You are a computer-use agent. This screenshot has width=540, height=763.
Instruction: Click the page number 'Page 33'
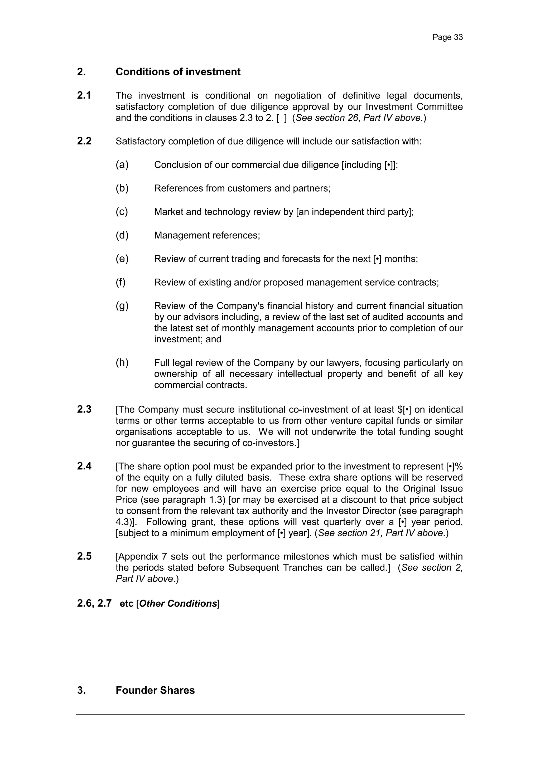point(447,37)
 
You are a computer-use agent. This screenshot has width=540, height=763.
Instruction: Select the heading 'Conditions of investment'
point(178,72)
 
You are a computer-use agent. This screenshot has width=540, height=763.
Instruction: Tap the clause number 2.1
point(84,95)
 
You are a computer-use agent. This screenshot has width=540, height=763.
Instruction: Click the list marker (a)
point(122,164)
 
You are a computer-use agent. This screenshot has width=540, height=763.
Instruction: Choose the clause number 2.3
point(84,409)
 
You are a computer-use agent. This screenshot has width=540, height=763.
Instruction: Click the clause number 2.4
point(84,466)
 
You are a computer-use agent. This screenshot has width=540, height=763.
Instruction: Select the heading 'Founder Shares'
point(155,690)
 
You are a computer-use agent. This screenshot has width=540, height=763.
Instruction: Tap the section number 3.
point(81,690)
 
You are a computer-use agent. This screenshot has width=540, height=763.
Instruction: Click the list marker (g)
point(122,305)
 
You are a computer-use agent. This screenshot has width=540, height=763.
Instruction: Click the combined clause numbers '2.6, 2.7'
point(94,604)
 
